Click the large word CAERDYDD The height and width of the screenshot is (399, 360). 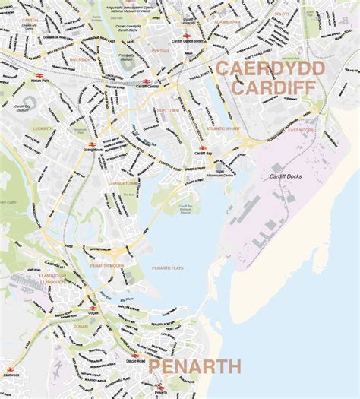pos(272,69)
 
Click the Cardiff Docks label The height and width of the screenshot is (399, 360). pos(287,176)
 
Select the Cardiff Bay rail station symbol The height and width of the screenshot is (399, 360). pos(201,148)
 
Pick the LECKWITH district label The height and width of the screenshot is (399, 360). pos(43,129)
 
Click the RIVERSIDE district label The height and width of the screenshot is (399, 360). pos(79,58)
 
